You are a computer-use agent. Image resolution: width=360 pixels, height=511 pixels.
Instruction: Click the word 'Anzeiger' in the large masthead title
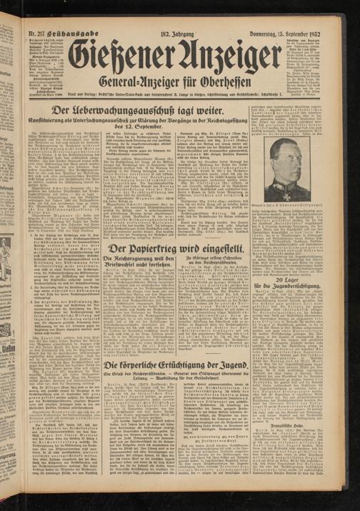pyautogui.click(x=226, y=55)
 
